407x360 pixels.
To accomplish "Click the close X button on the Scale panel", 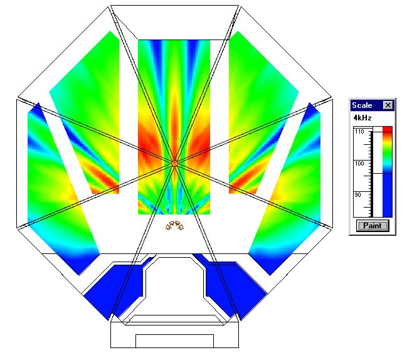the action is [388, 105].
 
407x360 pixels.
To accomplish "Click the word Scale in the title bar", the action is [362, 105].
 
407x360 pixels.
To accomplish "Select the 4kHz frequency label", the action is [362, 118].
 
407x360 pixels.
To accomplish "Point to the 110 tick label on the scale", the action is [359, 132].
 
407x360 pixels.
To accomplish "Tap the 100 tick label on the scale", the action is [359, 164].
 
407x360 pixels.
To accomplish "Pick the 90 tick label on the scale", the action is [357, 195].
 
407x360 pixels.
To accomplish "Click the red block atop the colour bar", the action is [388, 129].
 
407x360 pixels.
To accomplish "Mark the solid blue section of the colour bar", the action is [388, 195].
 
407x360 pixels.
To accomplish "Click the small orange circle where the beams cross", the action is [174, 163].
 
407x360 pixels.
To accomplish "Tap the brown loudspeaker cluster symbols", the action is [175, 225].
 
